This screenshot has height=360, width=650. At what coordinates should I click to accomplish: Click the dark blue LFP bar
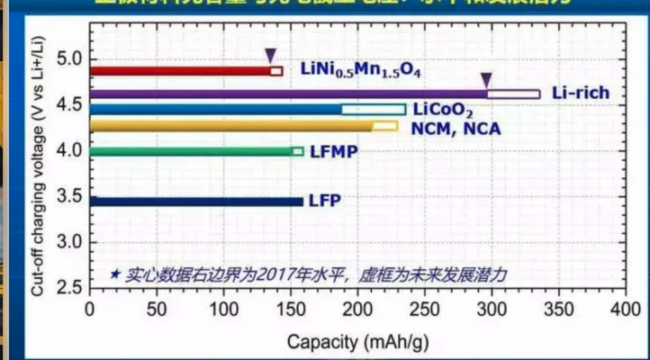[196, 201]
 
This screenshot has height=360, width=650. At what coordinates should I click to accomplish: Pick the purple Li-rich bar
[288, 94]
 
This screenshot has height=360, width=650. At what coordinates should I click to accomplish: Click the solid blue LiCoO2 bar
[216, 110]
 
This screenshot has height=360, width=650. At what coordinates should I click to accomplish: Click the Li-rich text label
[581, 93]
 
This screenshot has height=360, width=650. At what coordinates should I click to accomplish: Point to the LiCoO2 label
[443, 110]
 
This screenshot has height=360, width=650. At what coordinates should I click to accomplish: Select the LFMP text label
[334, 152]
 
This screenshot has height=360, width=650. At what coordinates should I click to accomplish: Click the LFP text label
[324, 201]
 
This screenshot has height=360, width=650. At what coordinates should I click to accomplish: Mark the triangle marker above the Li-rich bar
[486, 79]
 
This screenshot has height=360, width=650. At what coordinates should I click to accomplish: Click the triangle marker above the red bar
[270, 56]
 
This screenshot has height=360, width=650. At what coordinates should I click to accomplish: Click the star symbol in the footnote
[115, 273]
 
